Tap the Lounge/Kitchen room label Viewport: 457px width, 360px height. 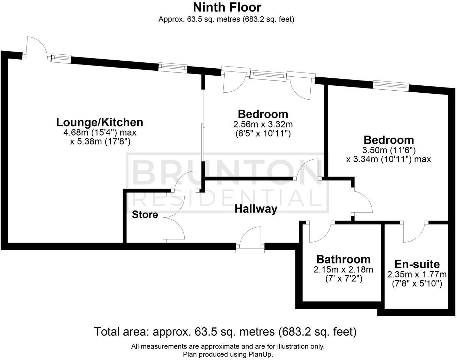[x=100, y=122]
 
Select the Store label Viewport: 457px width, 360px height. [x=145, y=215]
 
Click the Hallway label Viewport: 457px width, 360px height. [x=256, y=209]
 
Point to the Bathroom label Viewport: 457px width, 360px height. [x=343, y=259]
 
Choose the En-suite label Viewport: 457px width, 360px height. [x=417, y=264]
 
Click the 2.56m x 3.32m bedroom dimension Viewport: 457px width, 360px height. [x=263, y=124]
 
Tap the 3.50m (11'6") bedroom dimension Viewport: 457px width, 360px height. [x=389, y=150]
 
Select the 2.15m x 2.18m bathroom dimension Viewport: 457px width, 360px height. [x=343, y=269]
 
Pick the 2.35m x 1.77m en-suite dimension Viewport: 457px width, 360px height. [x=417, y=274]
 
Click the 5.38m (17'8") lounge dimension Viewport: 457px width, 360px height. [x=100, y=141]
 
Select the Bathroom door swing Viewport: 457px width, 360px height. [x=320, y=232]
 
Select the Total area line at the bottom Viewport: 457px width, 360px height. [x=225, y=331]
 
